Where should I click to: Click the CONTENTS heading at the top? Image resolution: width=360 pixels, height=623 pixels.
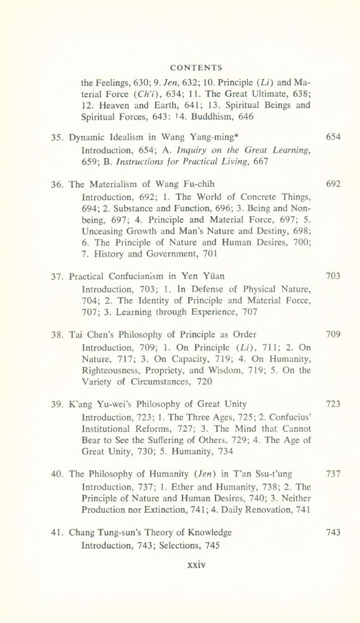[x=196, y=67]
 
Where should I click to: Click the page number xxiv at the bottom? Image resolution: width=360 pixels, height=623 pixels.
[x=196, y=566]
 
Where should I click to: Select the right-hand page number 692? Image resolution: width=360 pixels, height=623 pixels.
[x=333, y=184]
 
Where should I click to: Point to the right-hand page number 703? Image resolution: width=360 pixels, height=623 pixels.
[x=333, y=276]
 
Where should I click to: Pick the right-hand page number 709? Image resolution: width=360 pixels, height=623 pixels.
[x=333, y=335]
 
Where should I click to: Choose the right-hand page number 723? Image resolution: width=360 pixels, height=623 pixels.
[x=333, y=404]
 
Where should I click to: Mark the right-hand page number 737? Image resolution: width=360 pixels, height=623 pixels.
[x=333, y=474]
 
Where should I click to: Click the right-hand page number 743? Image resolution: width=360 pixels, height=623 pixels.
[x=333, y=533]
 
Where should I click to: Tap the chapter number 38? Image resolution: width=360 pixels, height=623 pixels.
[x=57, y=335]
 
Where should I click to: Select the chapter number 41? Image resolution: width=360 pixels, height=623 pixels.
[x=57, y=533]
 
